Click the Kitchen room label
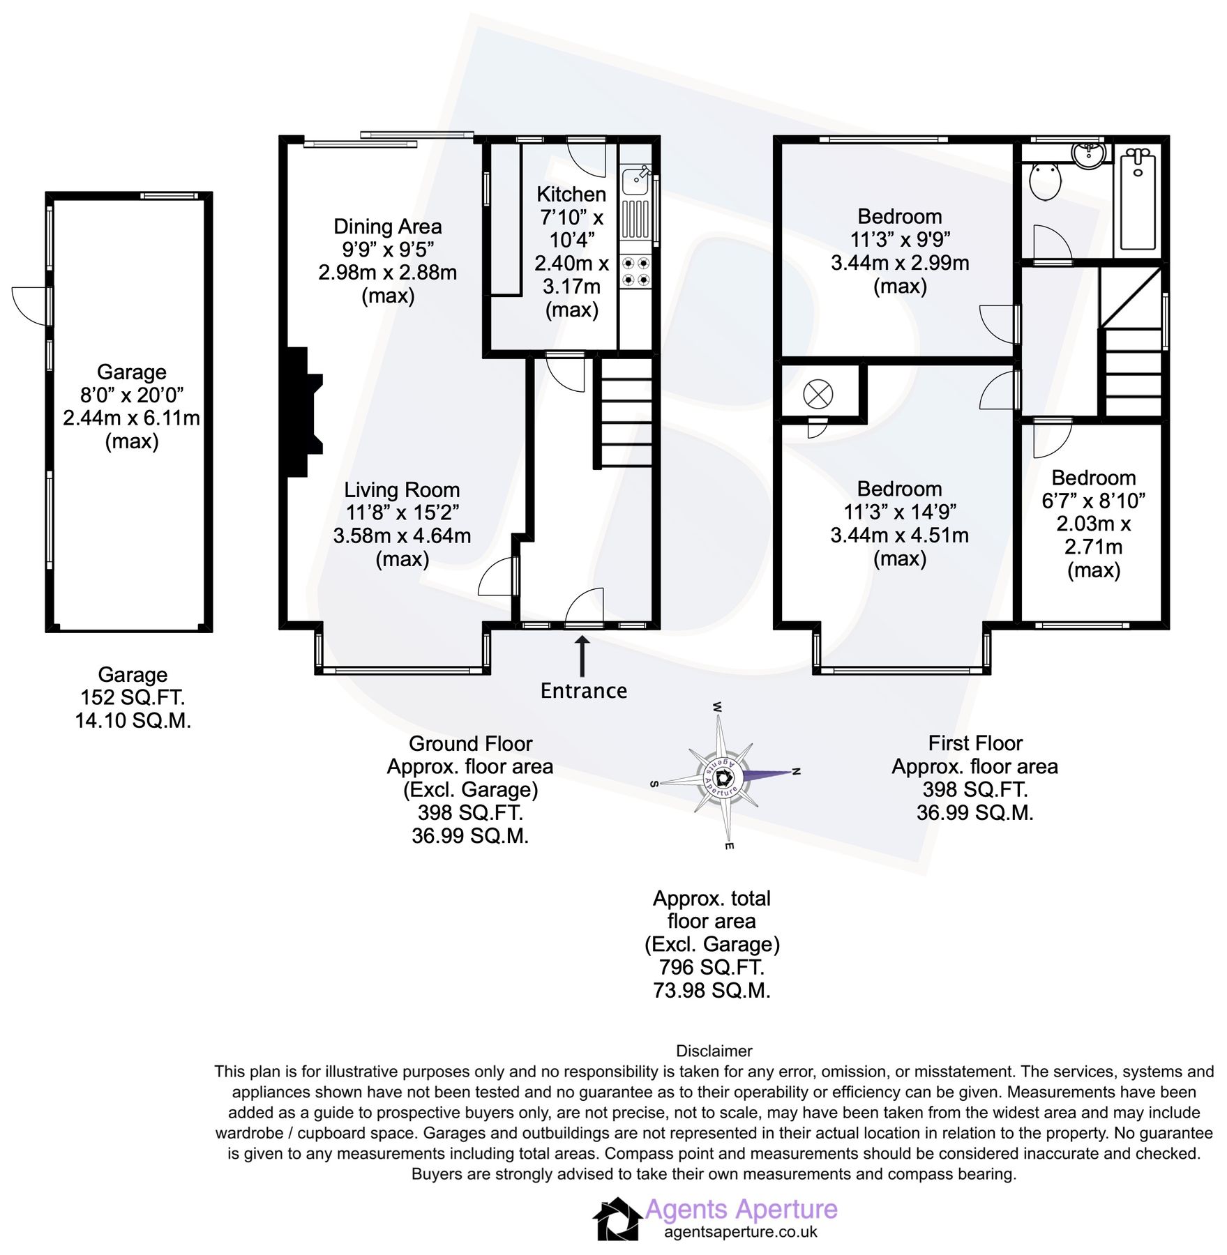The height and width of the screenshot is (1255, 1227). pos(571,194)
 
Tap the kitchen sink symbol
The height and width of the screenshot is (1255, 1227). pos(635,181)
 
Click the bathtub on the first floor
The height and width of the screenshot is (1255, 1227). pos(1138,201)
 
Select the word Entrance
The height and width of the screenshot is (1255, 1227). pos(583,691)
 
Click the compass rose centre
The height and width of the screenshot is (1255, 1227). pos(723,776)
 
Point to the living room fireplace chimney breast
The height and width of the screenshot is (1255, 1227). pos(302,413)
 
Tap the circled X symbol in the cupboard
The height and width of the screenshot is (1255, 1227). pos(818,395)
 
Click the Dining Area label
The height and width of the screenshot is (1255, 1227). pos(387,227)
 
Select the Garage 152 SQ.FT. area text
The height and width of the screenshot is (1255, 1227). pos(133,697)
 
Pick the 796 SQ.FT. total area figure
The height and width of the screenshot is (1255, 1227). pos(712,967)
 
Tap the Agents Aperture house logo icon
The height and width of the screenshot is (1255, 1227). pos(617,1219)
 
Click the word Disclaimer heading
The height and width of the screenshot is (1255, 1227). pos(714,1051)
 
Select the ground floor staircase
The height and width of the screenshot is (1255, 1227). pos(626,413)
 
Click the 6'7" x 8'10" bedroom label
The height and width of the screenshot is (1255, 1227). pos(1093,501)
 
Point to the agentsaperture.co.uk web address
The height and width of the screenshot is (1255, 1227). pos(740,1232)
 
